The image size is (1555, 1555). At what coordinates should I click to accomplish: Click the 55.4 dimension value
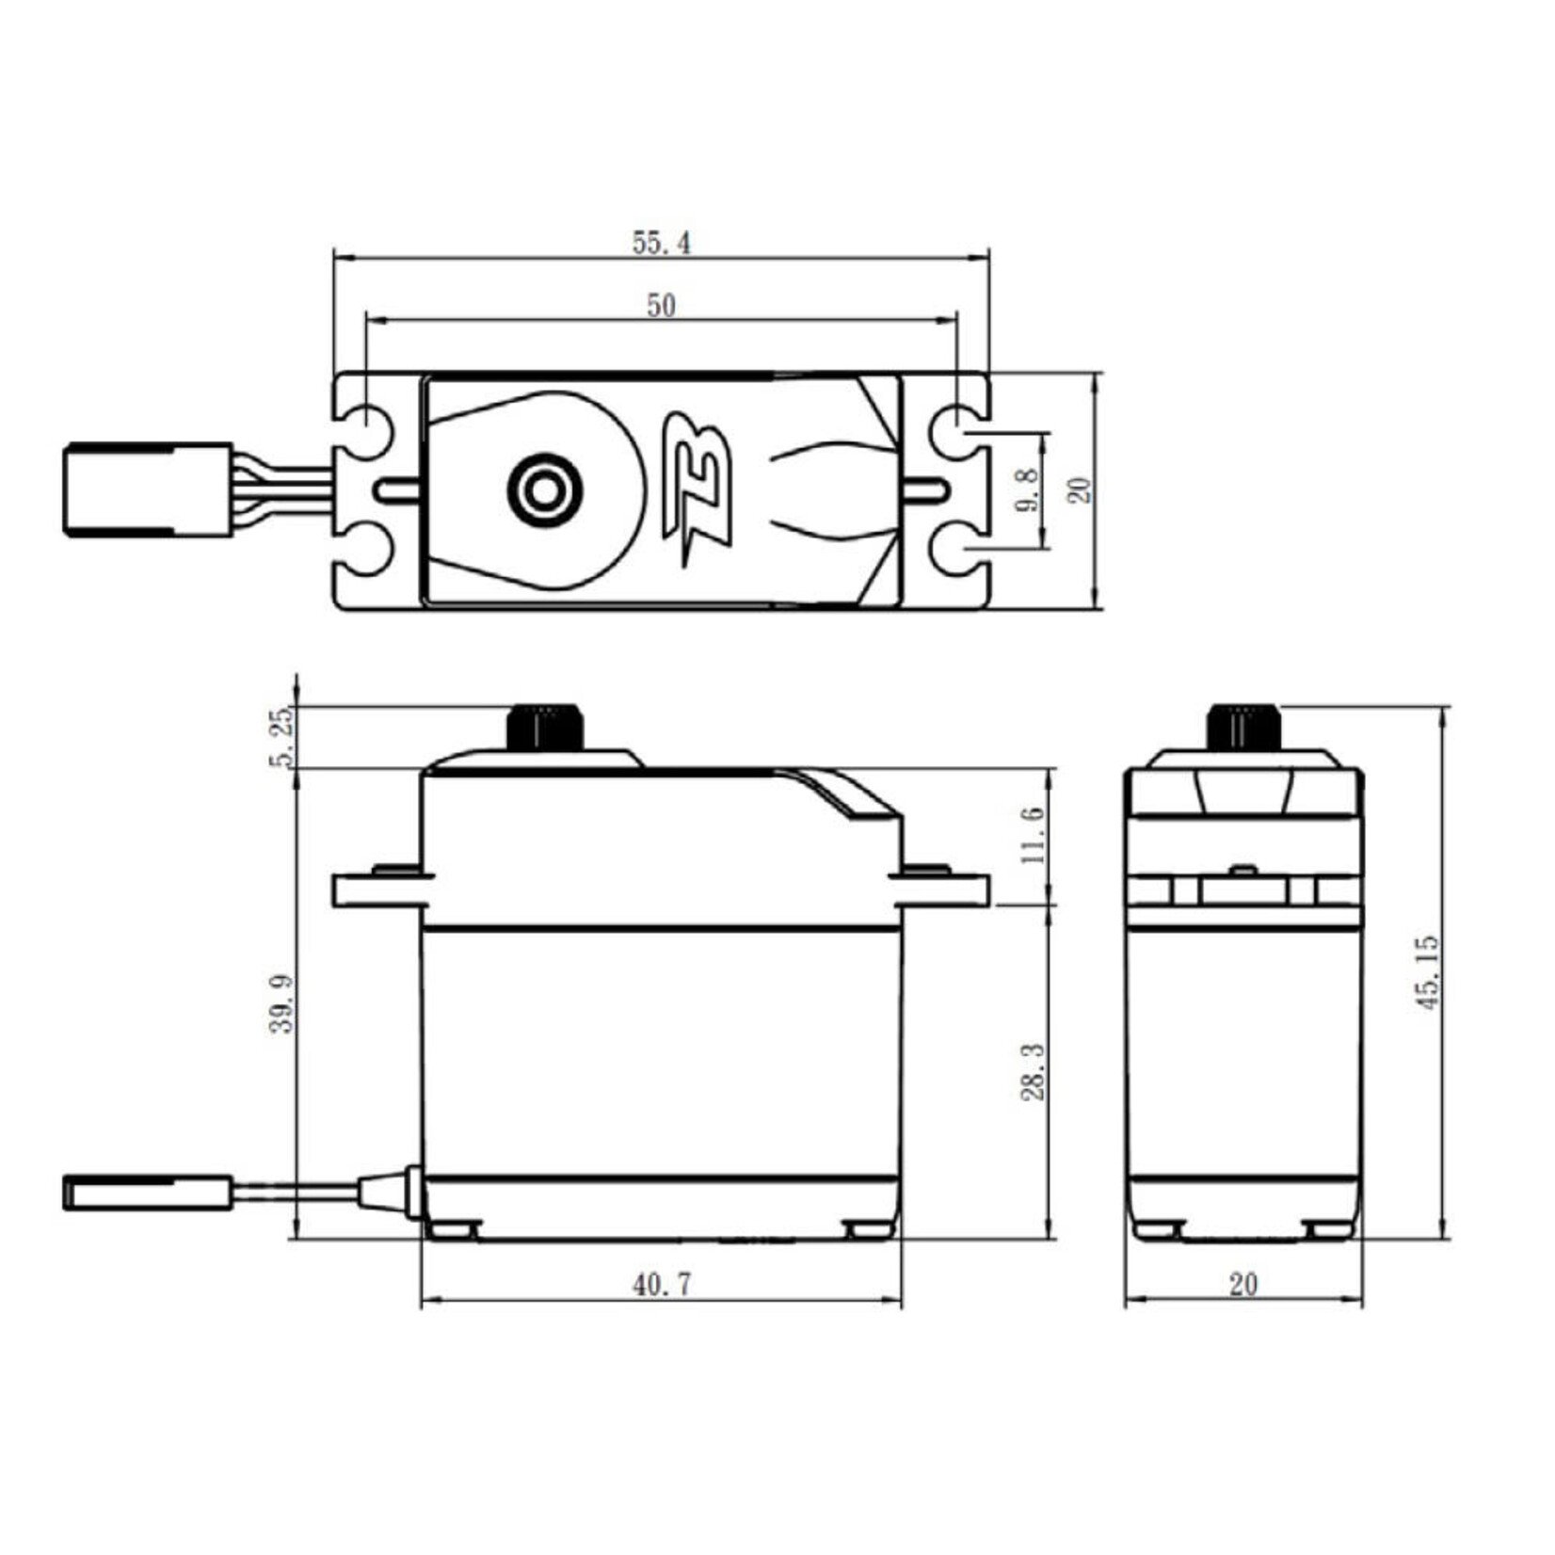tap(661, 244)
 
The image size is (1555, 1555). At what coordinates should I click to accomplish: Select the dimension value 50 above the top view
tap(661, 306)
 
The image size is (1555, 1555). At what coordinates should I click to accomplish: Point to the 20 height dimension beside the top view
tap(1082, 489)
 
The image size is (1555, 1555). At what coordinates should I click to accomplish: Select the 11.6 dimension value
tap(1032, 835)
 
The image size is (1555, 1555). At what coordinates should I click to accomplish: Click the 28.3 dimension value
tap(1032, 1071)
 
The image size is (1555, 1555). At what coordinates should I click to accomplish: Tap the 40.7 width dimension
tap(661, 1284)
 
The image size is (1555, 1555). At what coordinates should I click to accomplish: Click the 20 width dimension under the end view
tap(1242, 1284)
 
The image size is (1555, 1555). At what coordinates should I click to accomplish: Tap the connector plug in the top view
tap(147, 489)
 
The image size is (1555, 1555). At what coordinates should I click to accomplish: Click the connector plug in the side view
tap(147, 1191)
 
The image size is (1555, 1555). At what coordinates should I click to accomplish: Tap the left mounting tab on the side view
tap(377, 890)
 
